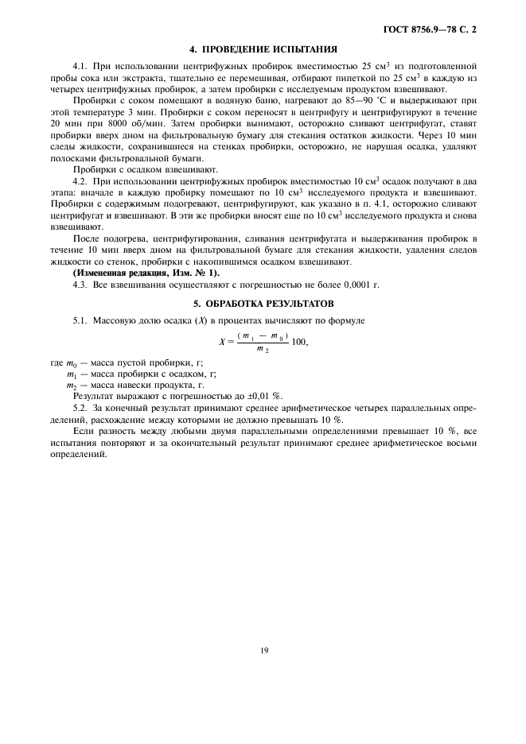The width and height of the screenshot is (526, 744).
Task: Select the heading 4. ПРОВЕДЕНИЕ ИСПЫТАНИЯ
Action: (263, 48)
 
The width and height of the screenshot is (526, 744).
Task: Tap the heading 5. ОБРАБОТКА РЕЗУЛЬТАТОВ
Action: (263, 304)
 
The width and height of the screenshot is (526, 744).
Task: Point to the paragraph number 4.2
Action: (81, 182)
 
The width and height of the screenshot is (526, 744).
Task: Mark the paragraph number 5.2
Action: (81, 408)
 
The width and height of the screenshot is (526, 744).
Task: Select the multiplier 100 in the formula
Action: (298, 342)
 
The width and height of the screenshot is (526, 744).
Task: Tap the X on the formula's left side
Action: (222, 342)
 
